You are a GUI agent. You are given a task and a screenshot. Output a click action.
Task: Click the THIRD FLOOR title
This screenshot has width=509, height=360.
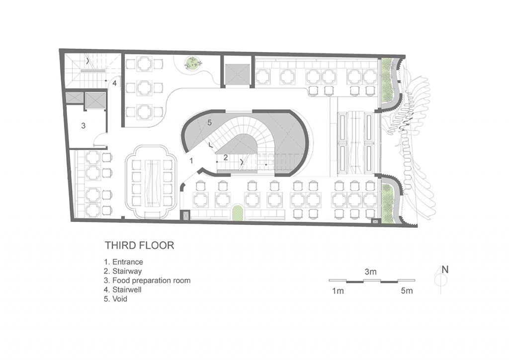pos(139,245)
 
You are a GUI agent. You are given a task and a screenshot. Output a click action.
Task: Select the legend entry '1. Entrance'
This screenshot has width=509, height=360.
pos(123,262)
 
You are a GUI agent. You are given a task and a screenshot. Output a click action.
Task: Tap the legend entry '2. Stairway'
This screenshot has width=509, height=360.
pos(123,271)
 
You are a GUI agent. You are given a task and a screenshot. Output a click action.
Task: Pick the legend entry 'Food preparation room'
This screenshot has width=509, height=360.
pos(151,280)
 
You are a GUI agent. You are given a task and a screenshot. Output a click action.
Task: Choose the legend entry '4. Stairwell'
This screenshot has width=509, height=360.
pos(122,289)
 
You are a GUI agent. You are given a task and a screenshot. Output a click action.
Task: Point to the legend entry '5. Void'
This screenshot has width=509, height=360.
pos(115,299)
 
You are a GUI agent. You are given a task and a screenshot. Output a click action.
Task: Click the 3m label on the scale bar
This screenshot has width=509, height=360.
pos(370,271)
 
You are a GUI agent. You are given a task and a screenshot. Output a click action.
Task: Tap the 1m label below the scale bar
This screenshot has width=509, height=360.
pos(338,291)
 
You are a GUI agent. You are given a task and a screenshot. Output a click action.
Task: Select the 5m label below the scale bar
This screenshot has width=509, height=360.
pos(407,290)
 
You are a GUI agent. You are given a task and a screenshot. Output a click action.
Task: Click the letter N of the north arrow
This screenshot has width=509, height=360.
pos(445,270)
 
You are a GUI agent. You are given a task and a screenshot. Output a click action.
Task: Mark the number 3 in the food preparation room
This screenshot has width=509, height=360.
pos(83,126)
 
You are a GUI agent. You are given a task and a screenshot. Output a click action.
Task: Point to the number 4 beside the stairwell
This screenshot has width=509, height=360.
pos(115,84)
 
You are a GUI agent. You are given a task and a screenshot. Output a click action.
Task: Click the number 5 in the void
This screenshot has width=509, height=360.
pos(209,123)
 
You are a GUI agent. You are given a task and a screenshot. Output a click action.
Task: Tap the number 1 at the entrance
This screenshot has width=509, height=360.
pos(191,161)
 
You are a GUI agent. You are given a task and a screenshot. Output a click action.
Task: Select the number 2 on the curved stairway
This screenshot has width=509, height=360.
pos(225,158)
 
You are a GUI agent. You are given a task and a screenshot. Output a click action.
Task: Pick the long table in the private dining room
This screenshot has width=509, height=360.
pos(152,183)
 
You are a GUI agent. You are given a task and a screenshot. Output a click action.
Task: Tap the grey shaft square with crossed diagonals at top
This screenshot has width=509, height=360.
pos(238,73)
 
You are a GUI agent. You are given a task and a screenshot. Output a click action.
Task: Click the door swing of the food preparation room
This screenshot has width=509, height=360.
pos(99,139)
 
